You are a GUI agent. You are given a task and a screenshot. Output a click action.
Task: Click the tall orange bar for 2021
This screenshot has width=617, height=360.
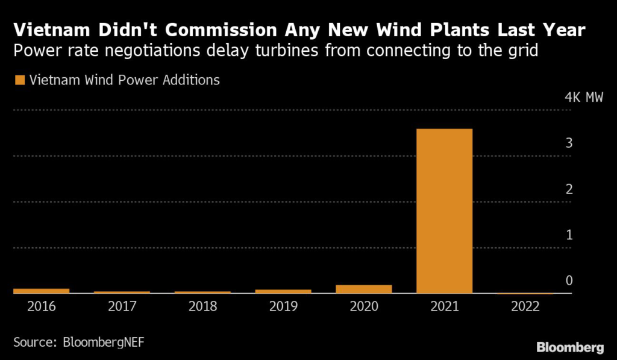(445, 211)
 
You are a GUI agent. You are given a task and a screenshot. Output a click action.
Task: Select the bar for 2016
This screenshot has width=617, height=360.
(41, 291)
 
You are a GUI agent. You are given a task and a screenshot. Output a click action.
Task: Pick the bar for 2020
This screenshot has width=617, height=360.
(364, 289)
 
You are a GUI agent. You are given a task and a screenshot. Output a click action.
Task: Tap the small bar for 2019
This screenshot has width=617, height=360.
(283, 291)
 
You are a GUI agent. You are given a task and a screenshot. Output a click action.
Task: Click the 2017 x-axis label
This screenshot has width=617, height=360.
(122, 306)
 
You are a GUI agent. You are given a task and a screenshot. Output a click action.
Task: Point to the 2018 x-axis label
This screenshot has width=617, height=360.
(202, 306)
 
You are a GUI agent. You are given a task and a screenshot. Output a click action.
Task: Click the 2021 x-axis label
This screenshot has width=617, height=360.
(445, 306)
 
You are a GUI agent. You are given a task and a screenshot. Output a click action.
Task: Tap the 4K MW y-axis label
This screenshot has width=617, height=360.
(584, 98)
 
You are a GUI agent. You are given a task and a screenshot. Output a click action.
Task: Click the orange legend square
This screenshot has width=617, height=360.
(19, 80)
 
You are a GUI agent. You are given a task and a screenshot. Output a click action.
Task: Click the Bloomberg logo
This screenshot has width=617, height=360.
(570, 347)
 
